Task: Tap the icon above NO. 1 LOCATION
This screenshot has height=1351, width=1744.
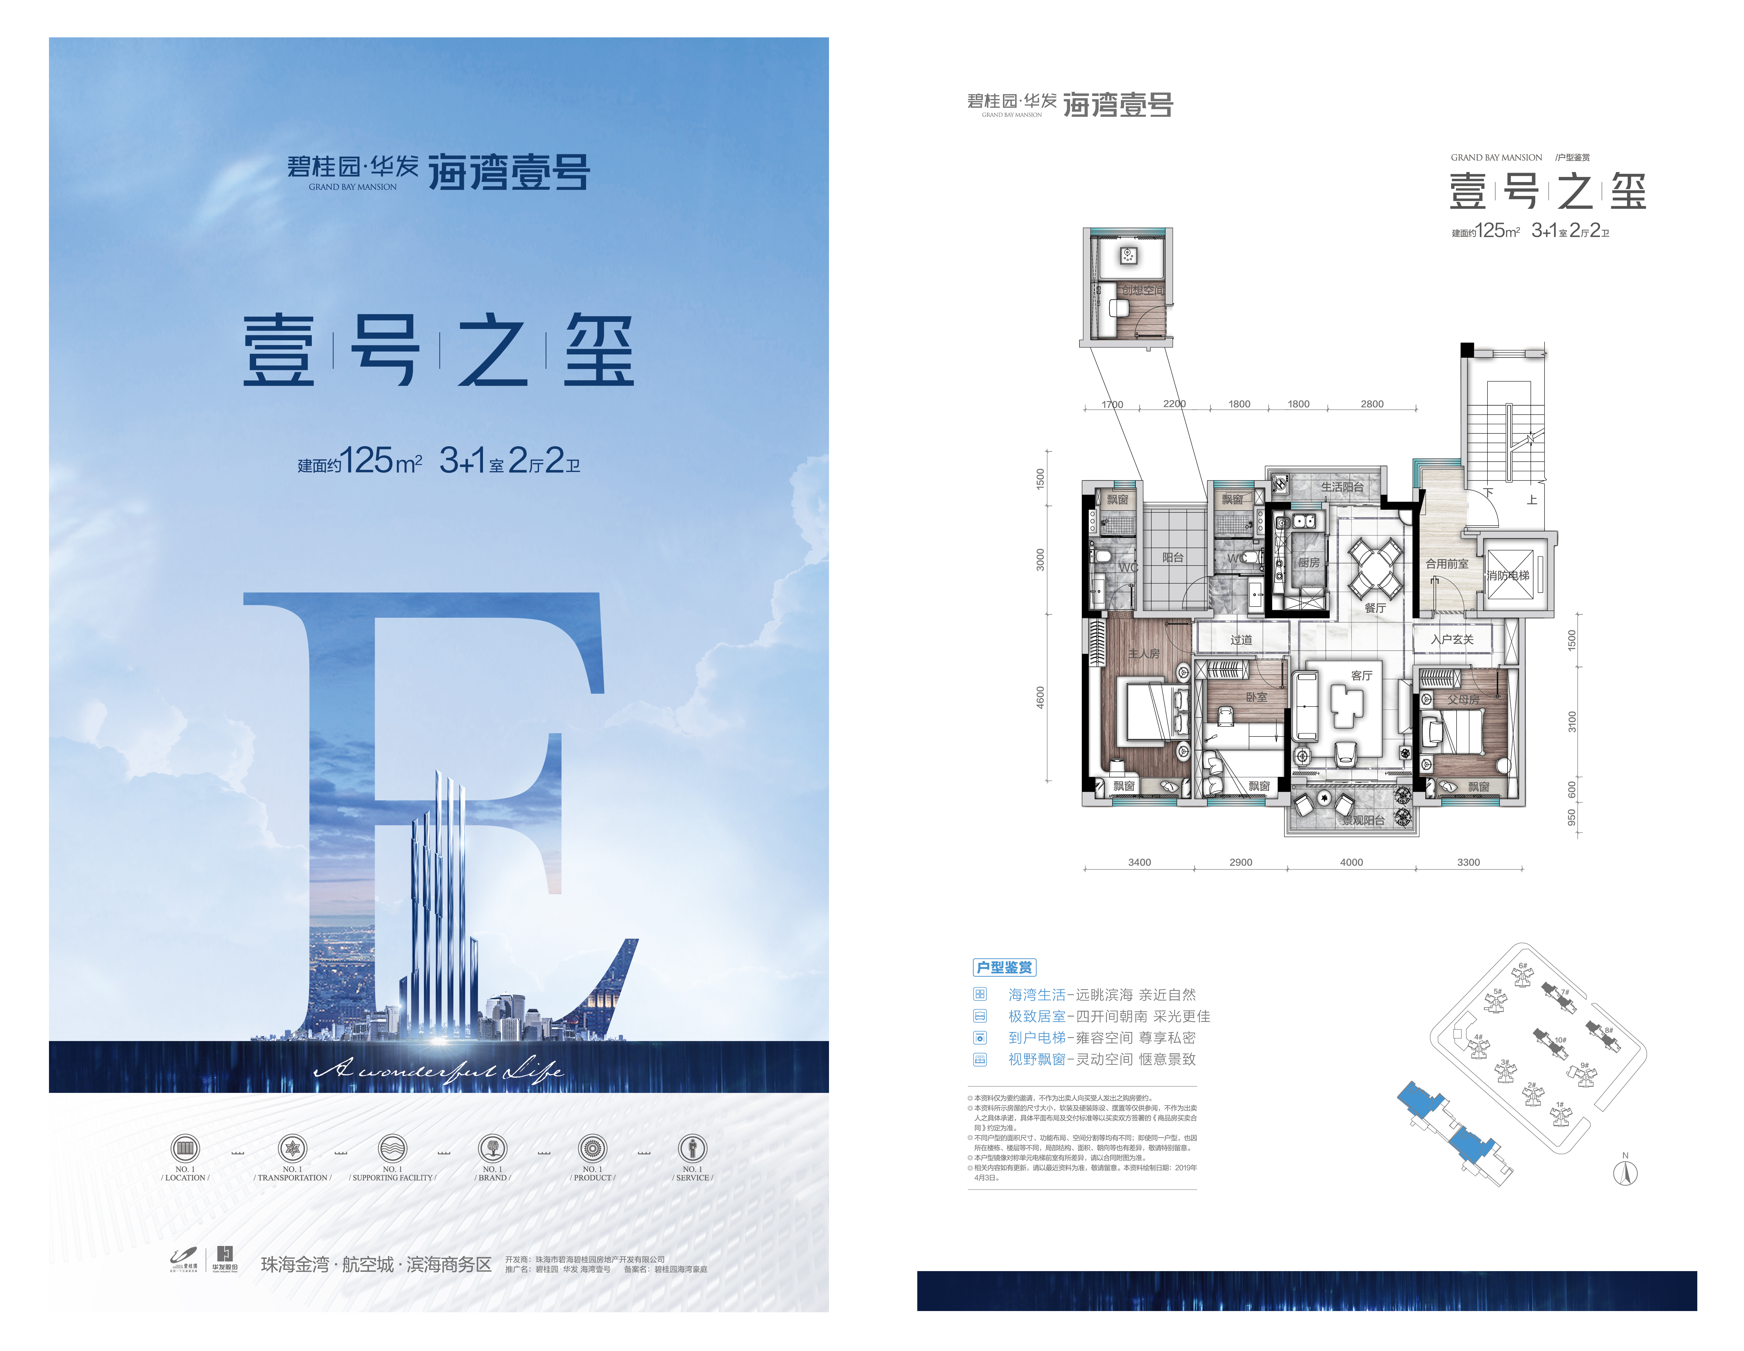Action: [185, 1148]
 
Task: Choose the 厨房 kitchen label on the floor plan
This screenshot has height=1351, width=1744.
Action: [1308, 563]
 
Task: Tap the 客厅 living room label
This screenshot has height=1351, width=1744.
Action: [1362, 675]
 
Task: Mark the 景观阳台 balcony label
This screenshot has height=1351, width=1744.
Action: [1363, 820]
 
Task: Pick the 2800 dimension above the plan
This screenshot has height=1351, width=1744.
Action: [1372, 404]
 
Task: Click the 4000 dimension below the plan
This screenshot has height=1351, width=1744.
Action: [1351, 862]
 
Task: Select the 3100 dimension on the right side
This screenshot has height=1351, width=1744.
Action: [1572, 721]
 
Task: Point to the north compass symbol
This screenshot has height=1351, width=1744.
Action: [1625, 1173]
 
